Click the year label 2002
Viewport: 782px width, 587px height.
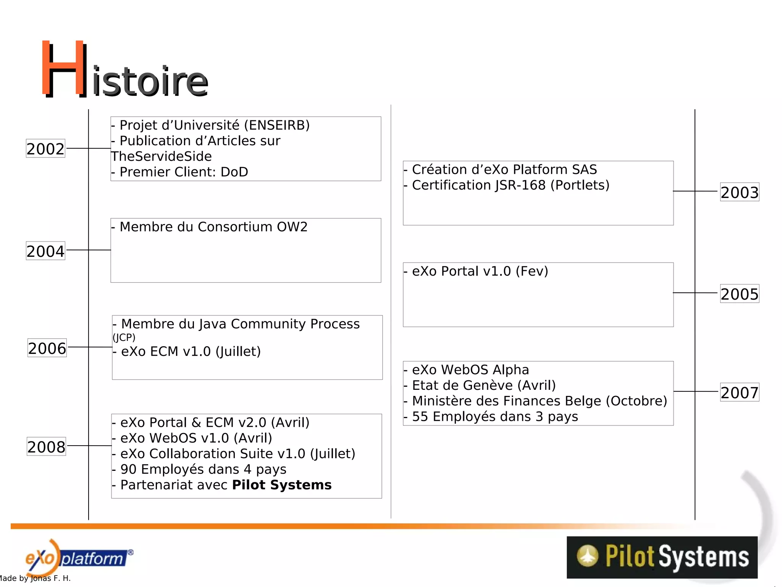click(45, 149)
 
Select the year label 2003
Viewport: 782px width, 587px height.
click(739, 192)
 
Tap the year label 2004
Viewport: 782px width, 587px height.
click(45, 251)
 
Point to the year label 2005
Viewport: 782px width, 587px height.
click(739, 294)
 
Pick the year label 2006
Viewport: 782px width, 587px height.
click(47, 348)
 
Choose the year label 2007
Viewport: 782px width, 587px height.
click(739, 392)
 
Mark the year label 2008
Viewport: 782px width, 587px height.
click(46, 447)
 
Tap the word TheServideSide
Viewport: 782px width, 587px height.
click(161, 156)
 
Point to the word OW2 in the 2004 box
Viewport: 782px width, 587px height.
click(292, 227)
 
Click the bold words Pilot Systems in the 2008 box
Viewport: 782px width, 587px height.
click(282, 485)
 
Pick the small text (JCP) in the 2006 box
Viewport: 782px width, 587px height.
click(124, 337)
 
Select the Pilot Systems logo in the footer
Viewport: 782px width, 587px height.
click(662, 557)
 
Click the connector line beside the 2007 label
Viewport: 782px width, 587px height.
click(696, 391)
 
